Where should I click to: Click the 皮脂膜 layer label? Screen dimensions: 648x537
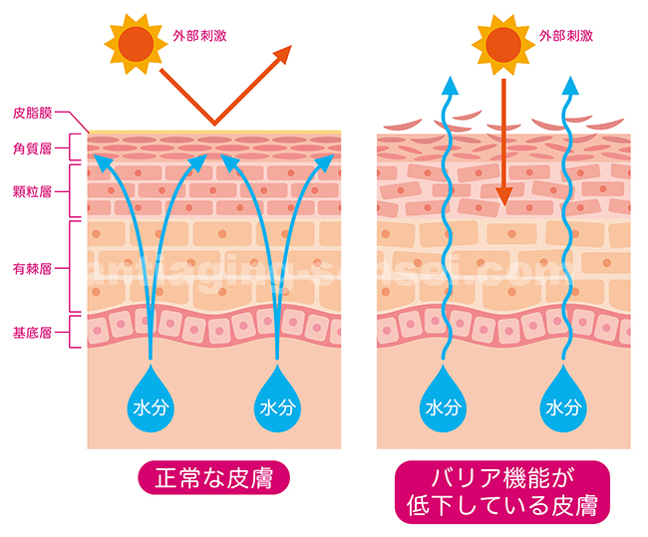pyautogui.click(x=32, y=113)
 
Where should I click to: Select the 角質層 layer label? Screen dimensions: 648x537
pyautogui.click(x=32, y=148)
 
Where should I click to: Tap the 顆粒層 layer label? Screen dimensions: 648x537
pyautogui.click(x=32, y=191)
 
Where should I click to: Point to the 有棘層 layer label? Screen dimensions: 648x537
pyautogui.click(x=32, y=269)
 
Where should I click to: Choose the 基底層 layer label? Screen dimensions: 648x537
pyautogui.click(x=32, y=333)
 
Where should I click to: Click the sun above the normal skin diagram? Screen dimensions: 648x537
pyautogui.click(x=136, y=44)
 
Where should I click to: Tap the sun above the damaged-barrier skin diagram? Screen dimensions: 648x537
pyautogui.click(x=503, y=45)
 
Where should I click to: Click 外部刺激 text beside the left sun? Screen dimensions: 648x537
pyautogui.click(x=199, y=36)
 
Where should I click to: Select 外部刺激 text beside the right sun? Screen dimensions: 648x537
pyautogui.click(x=566, y=36)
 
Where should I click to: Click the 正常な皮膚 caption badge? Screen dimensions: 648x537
pyautogui.click(x=213, y=478)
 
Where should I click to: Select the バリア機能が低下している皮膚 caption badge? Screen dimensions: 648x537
pyautogui.click(x=502, y=492)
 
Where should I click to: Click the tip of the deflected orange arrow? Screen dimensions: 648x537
pyautogui.click(x=291, y=46)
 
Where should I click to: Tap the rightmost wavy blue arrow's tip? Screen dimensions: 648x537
pyautogui.click(x=571, y=77)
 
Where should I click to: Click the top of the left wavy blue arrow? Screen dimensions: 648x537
pyautogui.click(x=450, y=77)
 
